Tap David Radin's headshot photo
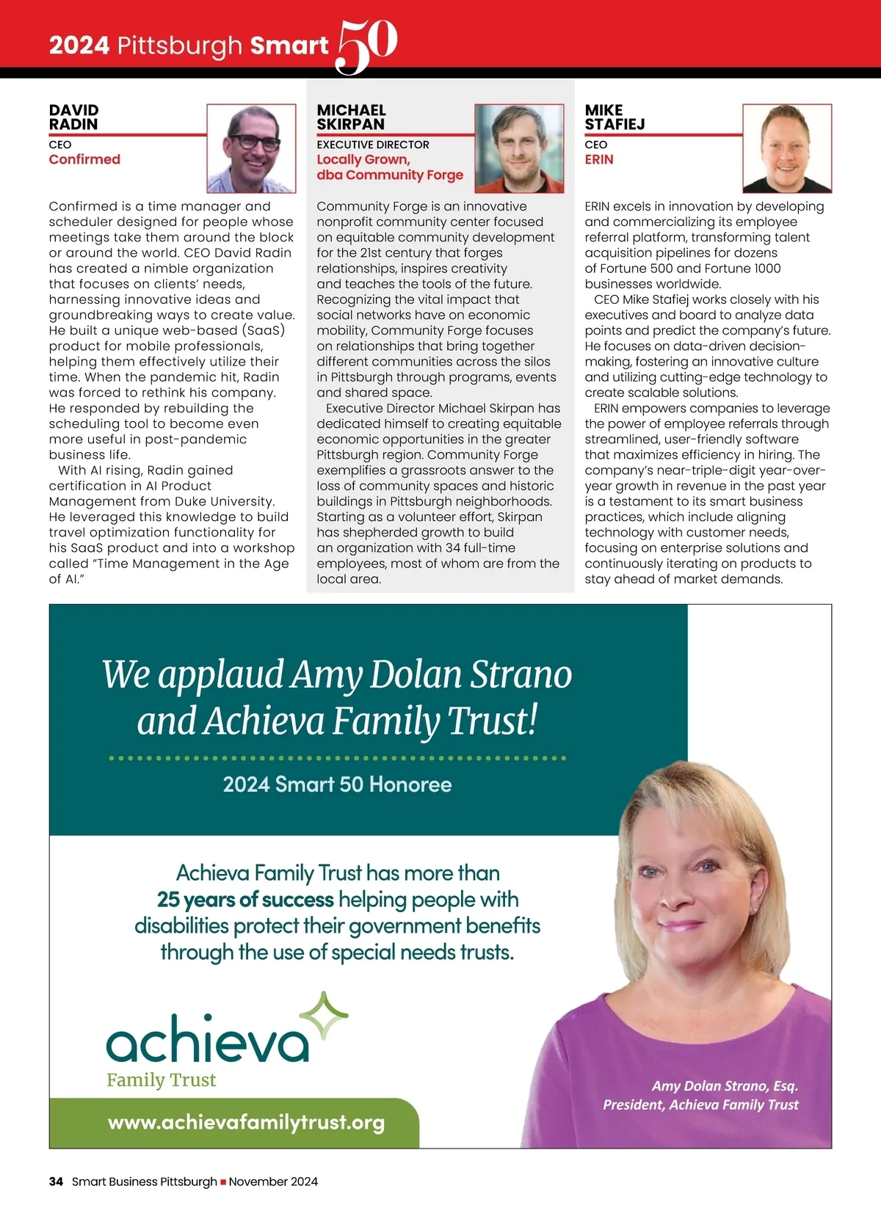(x=251, y=148)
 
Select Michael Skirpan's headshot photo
(x=519, y=148)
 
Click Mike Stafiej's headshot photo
(x=787, y=148)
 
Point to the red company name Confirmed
(x=84, y=159)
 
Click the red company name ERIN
(x=599, y=159)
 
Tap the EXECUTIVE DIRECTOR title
(x=373, y=145)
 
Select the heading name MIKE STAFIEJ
(x=614, y=117)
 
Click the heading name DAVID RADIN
(x=73, y=117)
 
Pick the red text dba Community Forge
(x=390, y=175)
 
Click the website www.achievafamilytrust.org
(x=246, y=1122)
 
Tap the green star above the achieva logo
(x=324, y=1016)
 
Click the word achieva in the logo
(x=207, y=1040)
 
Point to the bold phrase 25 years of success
(x=245, y=900)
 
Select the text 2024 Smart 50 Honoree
(x=337, y=784)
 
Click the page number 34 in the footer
(x=56, y=1182)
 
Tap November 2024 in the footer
(x=273, y=1182)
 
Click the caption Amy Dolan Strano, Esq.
(x=725, y=1086)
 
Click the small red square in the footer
(x=223, y=1182)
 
